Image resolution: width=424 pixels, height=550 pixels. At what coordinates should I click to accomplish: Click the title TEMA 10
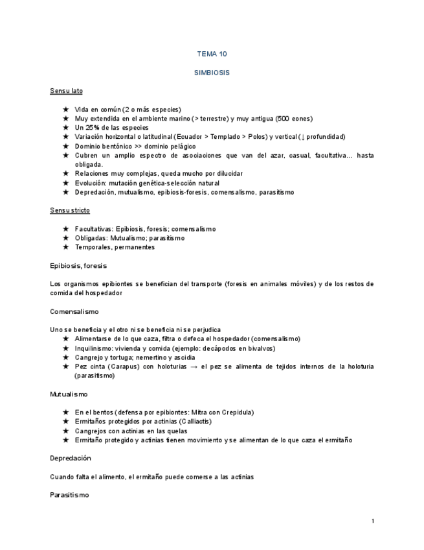(212, 54)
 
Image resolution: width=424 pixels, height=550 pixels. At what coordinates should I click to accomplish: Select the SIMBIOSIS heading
(212, 73)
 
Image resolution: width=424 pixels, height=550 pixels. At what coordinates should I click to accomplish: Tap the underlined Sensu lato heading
(66, 91)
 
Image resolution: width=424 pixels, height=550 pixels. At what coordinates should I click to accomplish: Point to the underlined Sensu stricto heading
(70, 210)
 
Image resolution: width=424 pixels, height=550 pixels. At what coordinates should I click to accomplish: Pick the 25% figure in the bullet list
(92, 128)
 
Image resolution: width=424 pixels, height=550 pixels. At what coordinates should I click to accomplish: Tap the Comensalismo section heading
(74, 311)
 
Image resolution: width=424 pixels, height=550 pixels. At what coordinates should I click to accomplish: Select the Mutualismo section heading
(69, 394)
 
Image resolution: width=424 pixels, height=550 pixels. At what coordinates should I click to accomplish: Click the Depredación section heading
(71, 458)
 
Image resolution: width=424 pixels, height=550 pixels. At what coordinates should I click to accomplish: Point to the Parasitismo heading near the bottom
(69, 495)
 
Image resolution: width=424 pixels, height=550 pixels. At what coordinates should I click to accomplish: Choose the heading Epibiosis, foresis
(78, 265)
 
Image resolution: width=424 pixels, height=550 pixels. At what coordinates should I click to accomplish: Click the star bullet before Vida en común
(65, 110)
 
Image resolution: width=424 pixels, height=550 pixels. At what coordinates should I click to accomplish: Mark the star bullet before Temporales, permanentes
(65, 247)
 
